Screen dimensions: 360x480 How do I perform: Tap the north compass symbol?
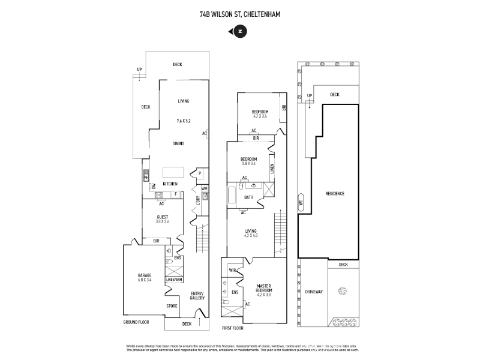click(x=240, y=32)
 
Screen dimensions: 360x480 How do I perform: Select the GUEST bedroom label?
click(x=163, y=217)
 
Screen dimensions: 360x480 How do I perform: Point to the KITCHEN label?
click(x=170, y=183)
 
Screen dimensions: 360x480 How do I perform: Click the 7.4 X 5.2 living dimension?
click(x=184, y=121)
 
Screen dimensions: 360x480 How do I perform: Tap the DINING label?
click(x=178, y=143)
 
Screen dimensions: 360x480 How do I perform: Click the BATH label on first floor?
click(x=248, y=197)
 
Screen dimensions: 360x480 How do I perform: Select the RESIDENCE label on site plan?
click(x=335, y=193)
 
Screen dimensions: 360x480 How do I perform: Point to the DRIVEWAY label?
click(x=314, y=292)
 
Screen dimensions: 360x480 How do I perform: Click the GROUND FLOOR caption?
click(x=136, y=322)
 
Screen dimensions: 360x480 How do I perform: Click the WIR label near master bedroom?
click(x=233, y=271)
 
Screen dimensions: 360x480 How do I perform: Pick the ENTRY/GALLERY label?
click(x=197, y=295)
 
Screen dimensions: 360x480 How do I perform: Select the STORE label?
click(x=172, y=306)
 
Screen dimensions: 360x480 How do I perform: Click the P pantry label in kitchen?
click(x=199, y=173)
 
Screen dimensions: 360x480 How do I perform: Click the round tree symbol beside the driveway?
click(x=343, y=292)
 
